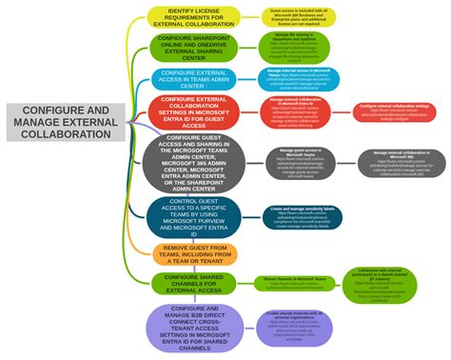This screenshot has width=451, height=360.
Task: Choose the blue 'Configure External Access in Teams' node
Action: click(x=193, y=79)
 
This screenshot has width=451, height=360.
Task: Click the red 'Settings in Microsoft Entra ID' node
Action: click(x=193, y=111)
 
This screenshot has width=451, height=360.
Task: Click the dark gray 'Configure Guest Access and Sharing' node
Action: click(x=194, y=163)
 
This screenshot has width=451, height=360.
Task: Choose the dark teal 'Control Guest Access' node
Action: click(x=193, y=216)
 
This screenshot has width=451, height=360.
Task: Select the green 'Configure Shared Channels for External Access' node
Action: click(x=193, y=283)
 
